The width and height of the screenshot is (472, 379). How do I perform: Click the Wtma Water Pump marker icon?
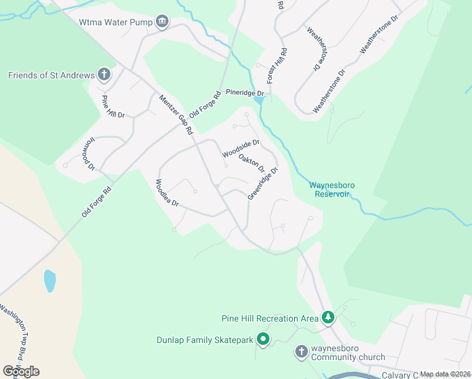click(162, 22)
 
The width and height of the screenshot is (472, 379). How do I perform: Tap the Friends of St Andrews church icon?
click(104, 76)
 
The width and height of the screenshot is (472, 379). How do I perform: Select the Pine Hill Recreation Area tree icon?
click(327, 318)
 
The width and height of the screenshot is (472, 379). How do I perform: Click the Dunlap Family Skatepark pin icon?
click(263, 340)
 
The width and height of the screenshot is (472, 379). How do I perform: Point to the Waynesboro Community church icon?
click(302, 351)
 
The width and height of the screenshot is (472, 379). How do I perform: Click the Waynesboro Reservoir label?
click(332, 189)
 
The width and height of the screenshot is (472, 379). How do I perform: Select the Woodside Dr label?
click(241, 149)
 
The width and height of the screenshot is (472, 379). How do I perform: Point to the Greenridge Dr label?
click(263, 184)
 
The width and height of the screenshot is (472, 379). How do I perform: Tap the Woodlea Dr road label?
click(167, 194)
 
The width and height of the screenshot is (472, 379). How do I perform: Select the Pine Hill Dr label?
click(113, 106)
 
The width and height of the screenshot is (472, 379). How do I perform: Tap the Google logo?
click(21, 371)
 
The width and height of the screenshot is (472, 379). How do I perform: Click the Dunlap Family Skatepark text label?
click(205, 340)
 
